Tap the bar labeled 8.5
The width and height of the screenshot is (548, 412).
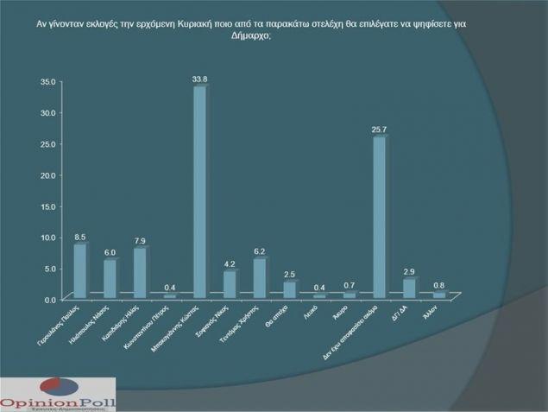[80, 271]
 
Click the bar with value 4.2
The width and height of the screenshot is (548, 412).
[230, 284]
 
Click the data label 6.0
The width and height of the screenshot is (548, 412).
[110, 253]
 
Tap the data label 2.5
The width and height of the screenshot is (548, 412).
[289, 274]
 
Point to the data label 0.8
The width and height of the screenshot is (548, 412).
[438, 286]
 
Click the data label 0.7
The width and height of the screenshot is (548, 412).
[349, 285]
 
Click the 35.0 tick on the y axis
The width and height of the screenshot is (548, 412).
[48, 81]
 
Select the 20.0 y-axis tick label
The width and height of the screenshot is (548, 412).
[48, 174]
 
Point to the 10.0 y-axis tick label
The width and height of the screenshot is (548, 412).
[48, 237]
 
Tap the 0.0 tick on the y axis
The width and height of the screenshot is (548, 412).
[50, 299]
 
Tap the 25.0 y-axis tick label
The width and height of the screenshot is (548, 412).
[48, 143]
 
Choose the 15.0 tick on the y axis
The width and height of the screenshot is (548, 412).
[48, 206]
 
